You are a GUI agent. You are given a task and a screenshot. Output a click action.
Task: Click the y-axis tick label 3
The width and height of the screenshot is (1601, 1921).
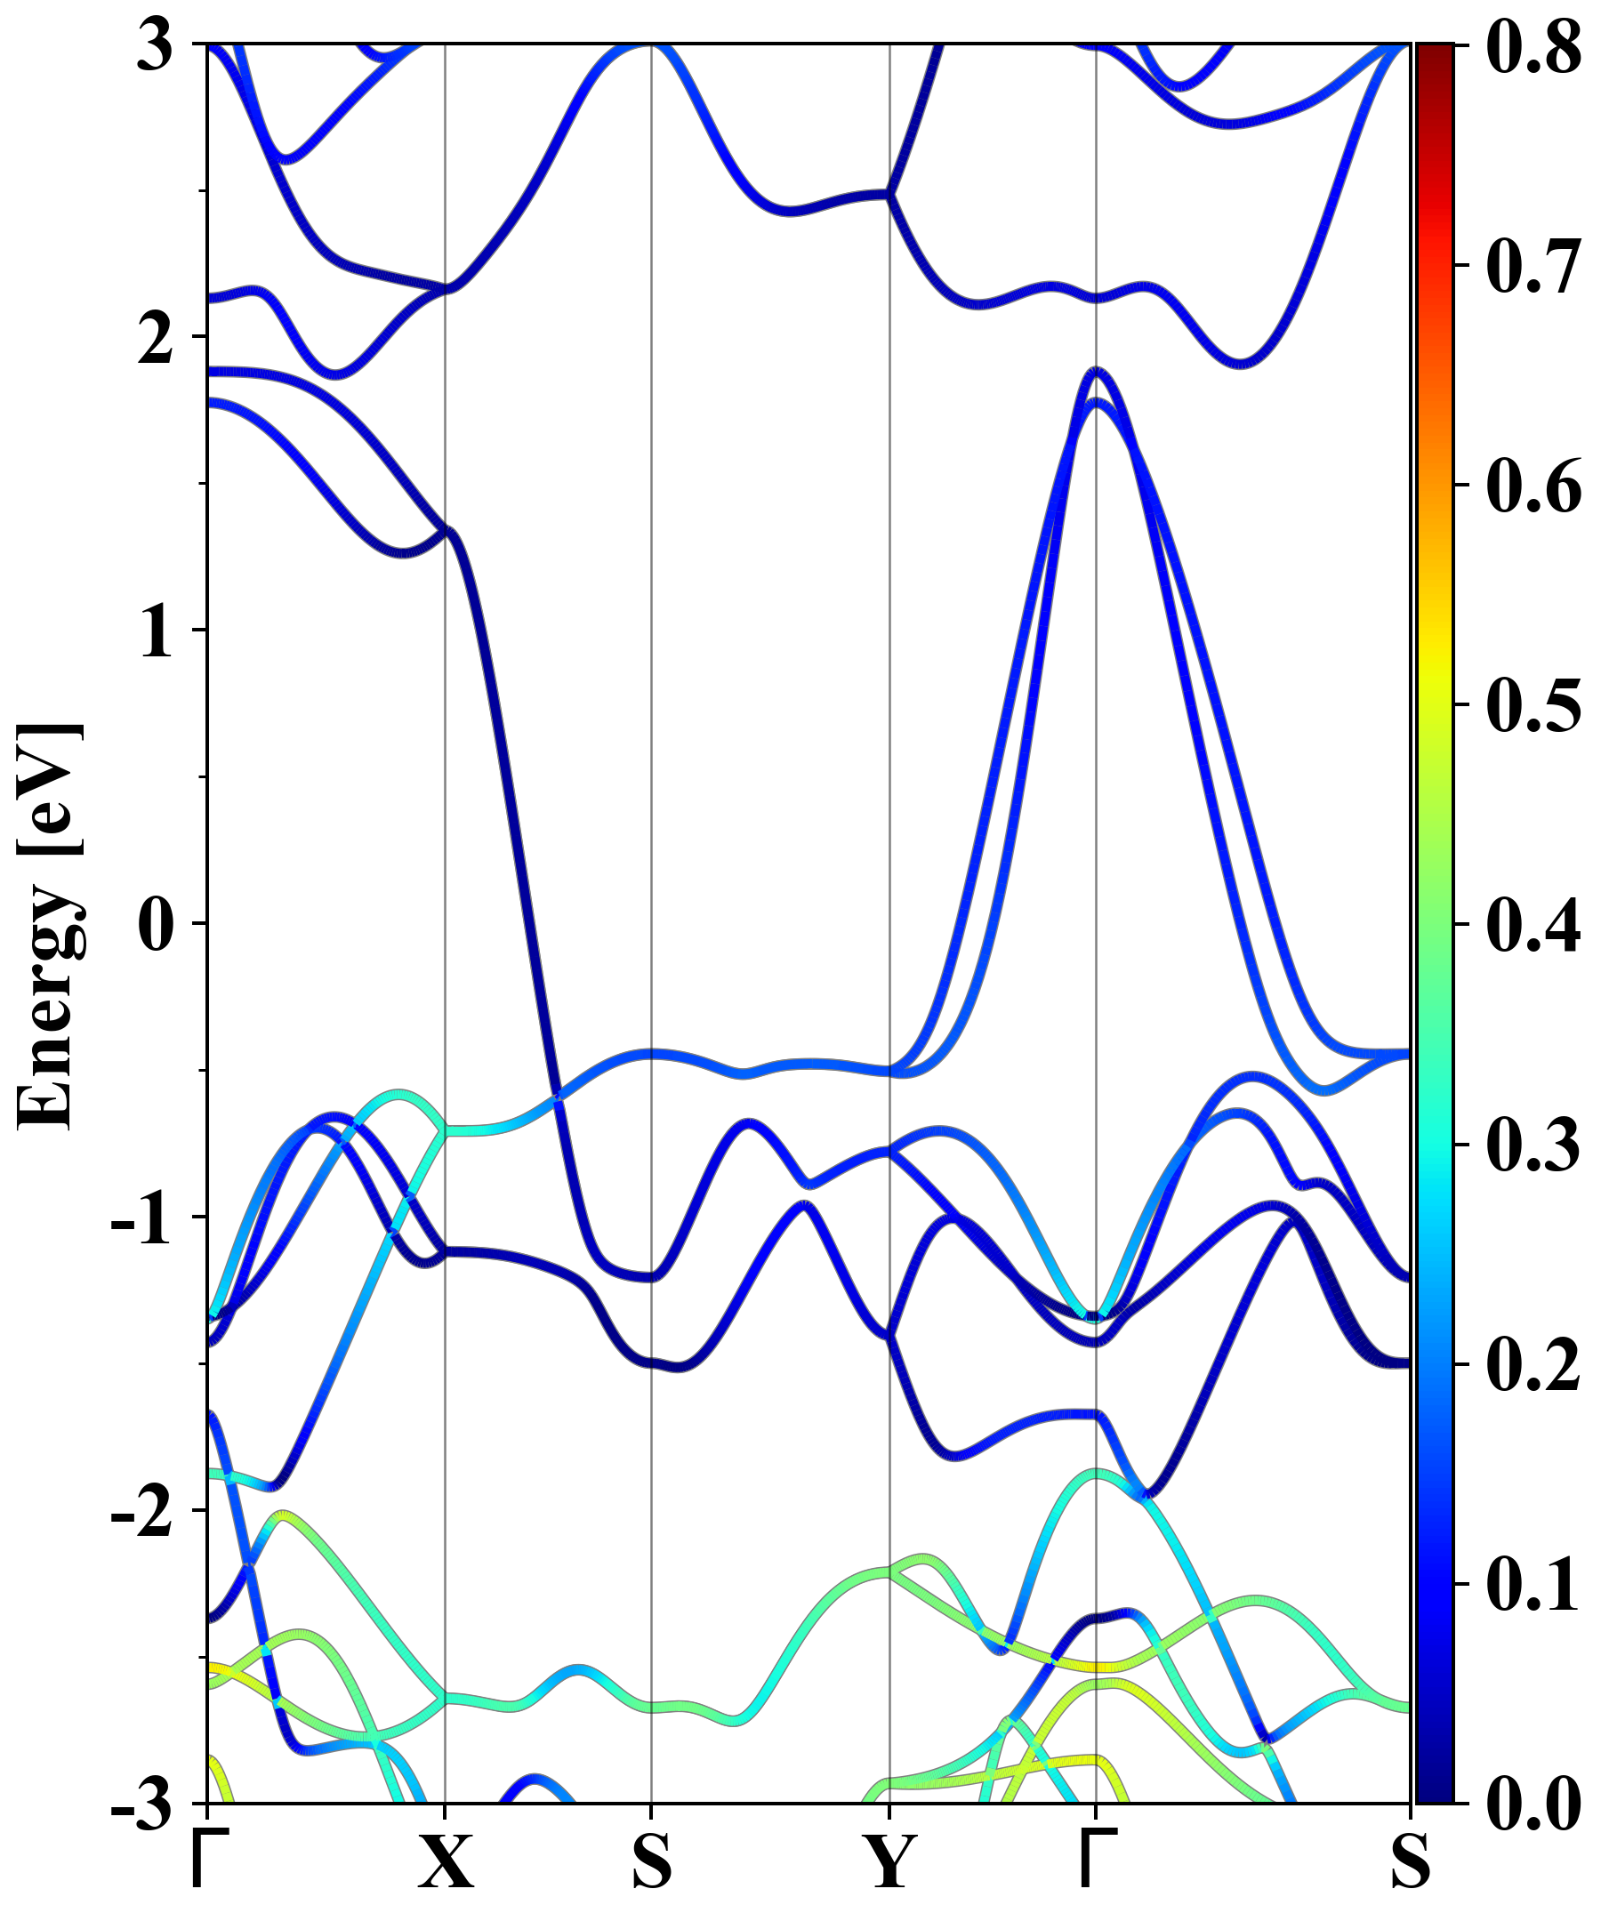(156, 45)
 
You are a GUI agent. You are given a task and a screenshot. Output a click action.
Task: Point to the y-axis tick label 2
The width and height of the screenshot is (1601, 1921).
(156, 340)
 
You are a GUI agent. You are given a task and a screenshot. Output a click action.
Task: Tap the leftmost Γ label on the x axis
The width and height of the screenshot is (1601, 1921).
(207, 1860)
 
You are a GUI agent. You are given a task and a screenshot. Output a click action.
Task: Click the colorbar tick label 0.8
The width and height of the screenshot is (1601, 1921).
(1533, 45)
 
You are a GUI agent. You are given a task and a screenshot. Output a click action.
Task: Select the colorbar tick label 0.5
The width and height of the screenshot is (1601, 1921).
(1533, 705)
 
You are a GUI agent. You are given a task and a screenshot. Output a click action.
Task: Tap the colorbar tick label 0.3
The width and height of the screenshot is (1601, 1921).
(1533, 1145)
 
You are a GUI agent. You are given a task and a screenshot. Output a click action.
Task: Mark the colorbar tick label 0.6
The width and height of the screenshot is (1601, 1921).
(1533, 486)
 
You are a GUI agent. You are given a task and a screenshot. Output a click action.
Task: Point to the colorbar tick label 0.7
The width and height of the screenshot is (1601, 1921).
(1533, 266)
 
